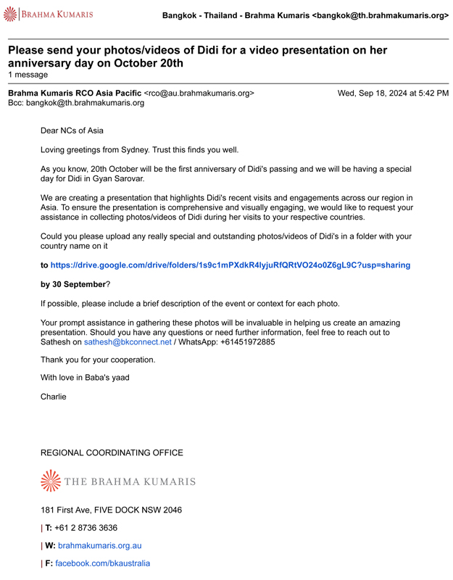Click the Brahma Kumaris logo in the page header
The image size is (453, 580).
(49, 14)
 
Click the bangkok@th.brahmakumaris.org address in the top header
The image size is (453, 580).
(380, 15)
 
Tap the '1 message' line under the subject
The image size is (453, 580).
(28, 75)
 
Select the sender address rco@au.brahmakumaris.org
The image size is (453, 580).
(199, 93)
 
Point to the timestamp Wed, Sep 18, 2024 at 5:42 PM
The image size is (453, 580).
(393, 93)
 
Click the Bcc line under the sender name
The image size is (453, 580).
(76, 103)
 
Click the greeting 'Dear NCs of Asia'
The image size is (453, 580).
(72, 130)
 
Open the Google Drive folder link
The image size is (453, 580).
(230, 265)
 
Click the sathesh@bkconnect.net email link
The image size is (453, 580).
(128, 341)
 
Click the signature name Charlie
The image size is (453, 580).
(53, 397)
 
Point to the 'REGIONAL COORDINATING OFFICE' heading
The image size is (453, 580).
(112, 453)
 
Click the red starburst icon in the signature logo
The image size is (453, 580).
(51, 481)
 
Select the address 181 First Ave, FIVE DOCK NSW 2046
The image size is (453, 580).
(111, 510)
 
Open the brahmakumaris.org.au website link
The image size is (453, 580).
(99, 545)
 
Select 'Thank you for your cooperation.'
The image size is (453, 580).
(98, 360)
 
